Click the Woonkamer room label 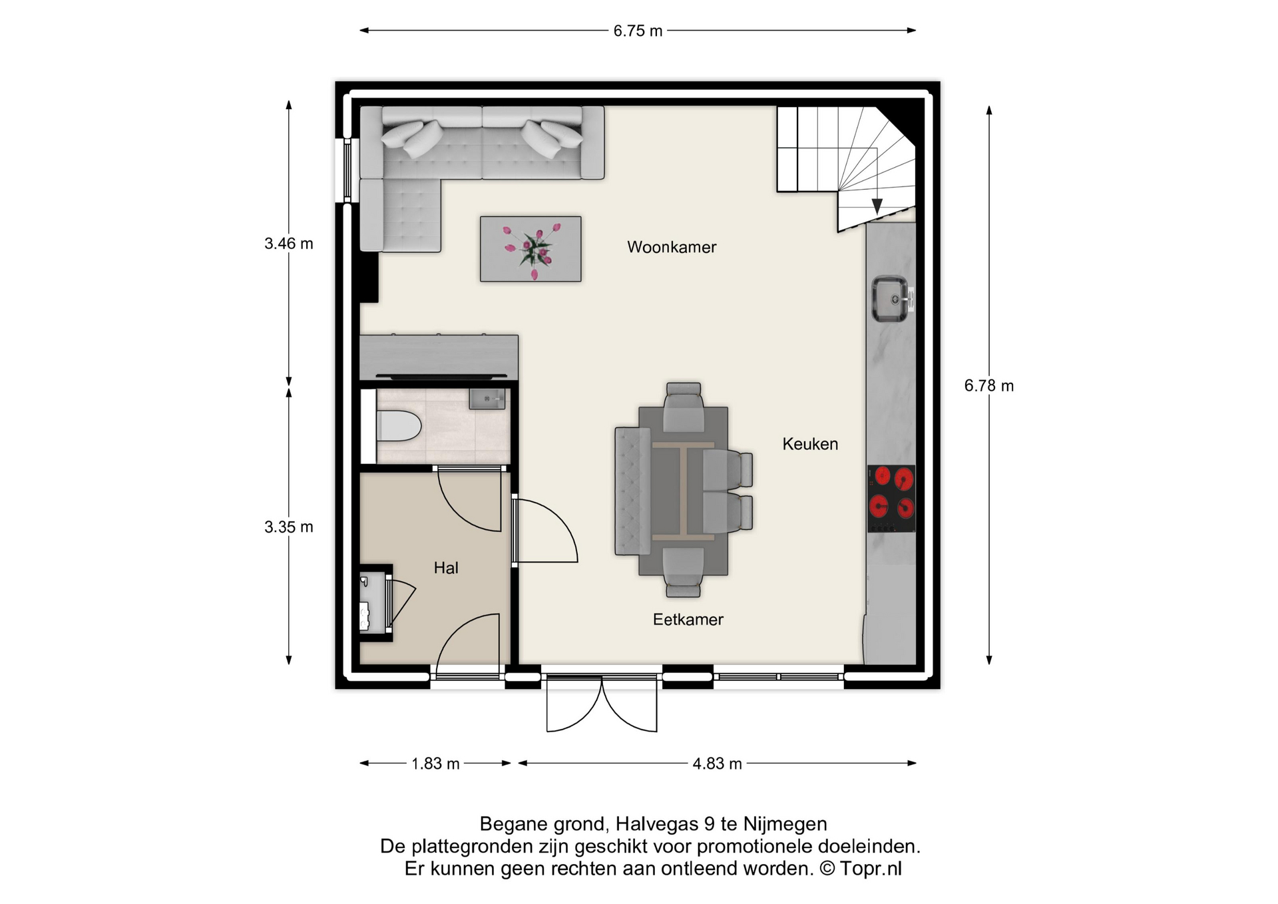pos(672,247)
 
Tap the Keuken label pos(810,444)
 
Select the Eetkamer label pos(688,620)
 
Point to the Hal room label pos(446,568)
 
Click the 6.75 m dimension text pos(638,31)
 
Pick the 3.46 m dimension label pos(289,244)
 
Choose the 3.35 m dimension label pos(289,527)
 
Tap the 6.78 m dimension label pos(989,386)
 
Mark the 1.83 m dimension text pos(435,764)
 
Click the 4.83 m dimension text pos(717,764)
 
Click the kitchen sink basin pos(890,299)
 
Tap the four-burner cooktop pos(891,499)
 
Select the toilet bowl pos(399,426)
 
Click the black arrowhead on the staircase pos(877,206)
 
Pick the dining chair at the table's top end pos(684,406)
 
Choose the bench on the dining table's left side pos(632,491)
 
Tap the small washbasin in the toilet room pos(487,399)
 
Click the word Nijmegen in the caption pos(785,824)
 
